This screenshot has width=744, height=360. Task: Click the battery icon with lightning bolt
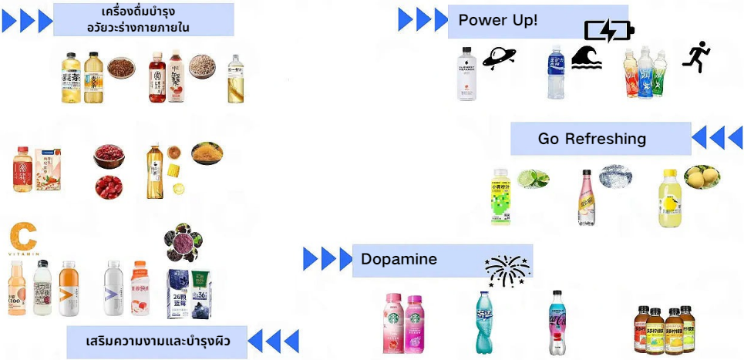point(609,32)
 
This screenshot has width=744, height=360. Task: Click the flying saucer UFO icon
point(499,58)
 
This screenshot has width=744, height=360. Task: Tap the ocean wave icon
point(589,58)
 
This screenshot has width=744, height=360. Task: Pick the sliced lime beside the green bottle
point(533,179)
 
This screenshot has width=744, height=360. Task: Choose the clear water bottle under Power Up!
point(466,74)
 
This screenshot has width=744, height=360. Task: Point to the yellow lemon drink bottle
point(669,200)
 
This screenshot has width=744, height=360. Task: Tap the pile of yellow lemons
point(702,177)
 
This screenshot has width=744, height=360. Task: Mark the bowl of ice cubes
point(615,176)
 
